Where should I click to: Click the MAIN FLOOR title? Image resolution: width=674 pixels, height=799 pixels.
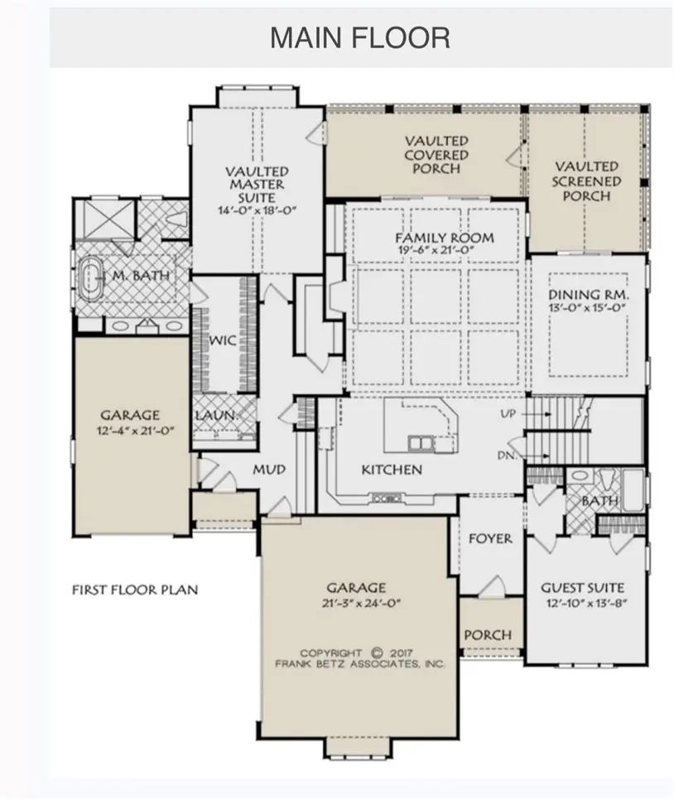[359, 38]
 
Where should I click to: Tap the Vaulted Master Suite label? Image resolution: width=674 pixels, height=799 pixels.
[258, 185]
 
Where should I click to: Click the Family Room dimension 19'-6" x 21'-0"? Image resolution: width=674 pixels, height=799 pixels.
[436, 250]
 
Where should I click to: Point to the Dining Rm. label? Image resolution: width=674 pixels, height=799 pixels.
[589, 295]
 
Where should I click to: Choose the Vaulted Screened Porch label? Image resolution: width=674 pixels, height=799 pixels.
[586, 180]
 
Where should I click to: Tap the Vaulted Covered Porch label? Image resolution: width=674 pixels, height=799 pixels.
[436, 154]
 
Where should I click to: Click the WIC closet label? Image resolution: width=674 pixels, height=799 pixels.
[223, 339]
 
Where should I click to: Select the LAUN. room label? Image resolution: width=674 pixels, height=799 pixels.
[217, 416]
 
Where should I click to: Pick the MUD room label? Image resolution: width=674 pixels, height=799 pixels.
[269, 469]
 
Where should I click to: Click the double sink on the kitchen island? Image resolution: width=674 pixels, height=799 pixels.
[421, 444]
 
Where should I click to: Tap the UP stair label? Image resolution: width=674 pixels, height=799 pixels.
[508, 414]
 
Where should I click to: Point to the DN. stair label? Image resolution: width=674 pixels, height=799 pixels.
[507, 455]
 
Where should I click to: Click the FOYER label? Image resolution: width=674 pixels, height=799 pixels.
[490, 539]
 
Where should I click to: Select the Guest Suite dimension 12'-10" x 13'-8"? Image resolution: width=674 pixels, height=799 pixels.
[586, 604]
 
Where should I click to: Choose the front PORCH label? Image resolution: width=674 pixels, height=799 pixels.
[488, 635]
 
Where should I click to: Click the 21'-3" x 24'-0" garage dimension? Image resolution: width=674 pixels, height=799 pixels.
[362, 604]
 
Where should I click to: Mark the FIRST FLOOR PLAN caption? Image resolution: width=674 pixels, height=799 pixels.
[135, 590]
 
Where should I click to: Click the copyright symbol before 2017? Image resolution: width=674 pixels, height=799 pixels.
[377, 652]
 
